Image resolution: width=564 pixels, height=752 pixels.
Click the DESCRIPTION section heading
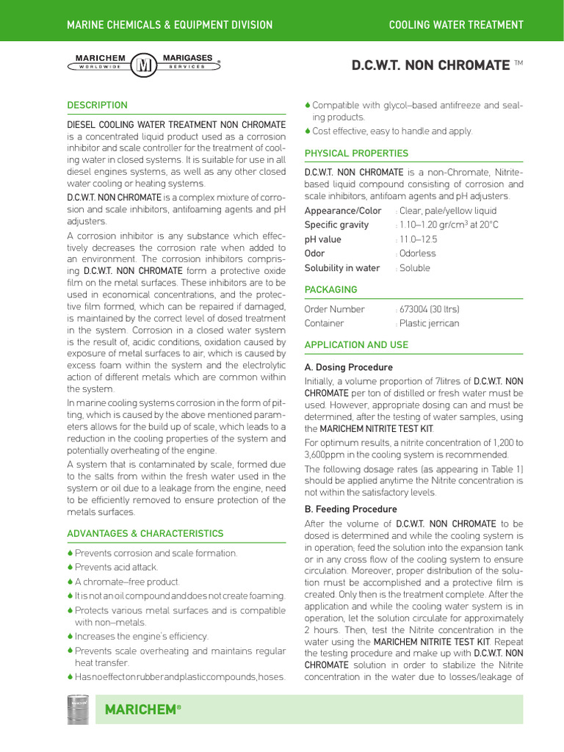(97, 105)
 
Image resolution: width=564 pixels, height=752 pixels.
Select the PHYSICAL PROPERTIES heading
(356, 153)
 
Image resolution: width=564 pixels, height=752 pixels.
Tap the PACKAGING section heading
(330, 290)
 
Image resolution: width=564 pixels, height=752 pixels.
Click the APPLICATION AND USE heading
(356, 344)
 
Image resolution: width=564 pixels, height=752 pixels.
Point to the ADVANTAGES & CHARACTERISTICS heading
(145, 534)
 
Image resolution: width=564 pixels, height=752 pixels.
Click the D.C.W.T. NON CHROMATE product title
(430, 65)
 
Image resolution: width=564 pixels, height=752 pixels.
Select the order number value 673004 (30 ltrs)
(429, 309)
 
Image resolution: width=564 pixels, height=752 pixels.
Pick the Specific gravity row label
(336, 225)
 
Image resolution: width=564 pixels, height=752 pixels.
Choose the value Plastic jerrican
(429, 323)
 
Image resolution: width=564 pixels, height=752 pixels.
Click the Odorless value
(417, 253)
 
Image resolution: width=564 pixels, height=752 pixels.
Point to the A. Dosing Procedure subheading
(348, 367)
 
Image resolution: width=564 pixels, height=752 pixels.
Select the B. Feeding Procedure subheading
(350, 509)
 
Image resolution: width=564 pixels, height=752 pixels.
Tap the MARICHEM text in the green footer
(142, 710)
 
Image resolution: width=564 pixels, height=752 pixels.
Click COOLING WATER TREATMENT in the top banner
(456, 25)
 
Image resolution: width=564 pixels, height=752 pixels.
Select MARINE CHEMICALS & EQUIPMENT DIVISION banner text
(170, 25)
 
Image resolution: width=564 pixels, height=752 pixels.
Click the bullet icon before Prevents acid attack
(70, 567)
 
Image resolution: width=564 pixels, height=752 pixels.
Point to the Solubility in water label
(341, 268)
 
